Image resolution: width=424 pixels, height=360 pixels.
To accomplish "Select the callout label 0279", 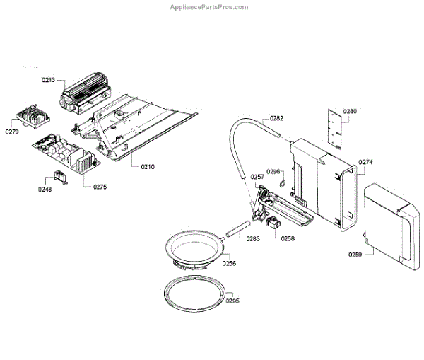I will tap(13, 132).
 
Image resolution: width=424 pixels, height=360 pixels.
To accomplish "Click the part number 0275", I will tap(100, 187).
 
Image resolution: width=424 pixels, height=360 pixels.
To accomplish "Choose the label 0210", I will tap(147, 167).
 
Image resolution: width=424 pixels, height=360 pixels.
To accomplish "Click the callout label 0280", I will tap(351, 111).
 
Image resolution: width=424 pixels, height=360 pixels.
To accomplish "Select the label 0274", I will tap(365, 162).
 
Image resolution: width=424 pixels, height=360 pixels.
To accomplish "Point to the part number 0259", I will tap(355, 254).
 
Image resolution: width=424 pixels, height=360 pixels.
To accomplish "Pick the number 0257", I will tap(257, 177).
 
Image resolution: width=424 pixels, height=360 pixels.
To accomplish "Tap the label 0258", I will tap(288, 239).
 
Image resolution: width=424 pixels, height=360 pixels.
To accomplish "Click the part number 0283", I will tap(254, 238).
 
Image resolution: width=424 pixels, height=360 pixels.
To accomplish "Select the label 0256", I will tap(229, 263).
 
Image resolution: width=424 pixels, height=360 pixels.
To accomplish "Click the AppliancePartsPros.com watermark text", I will tap(209, 7).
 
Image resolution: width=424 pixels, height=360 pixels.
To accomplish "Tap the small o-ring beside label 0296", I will tap(283, 185).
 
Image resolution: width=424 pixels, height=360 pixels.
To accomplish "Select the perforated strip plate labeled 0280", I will tap(334, 128).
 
